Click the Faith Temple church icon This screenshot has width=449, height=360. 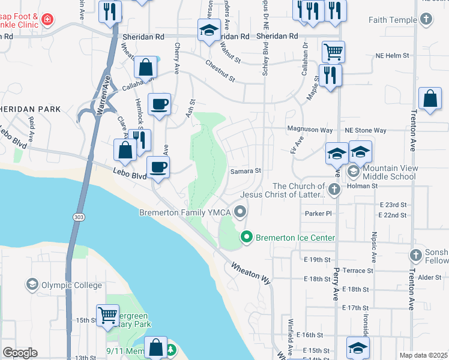(x=426, y=20)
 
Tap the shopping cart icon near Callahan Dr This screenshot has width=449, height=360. (x=333, y=51)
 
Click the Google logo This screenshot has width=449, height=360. (x=20, y=353)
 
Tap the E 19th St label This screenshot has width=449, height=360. (x=318, y=259)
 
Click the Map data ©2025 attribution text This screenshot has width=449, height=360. (x=423, y=355)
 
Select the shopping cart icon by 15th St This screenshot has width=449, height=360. (x=107, y=314)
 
